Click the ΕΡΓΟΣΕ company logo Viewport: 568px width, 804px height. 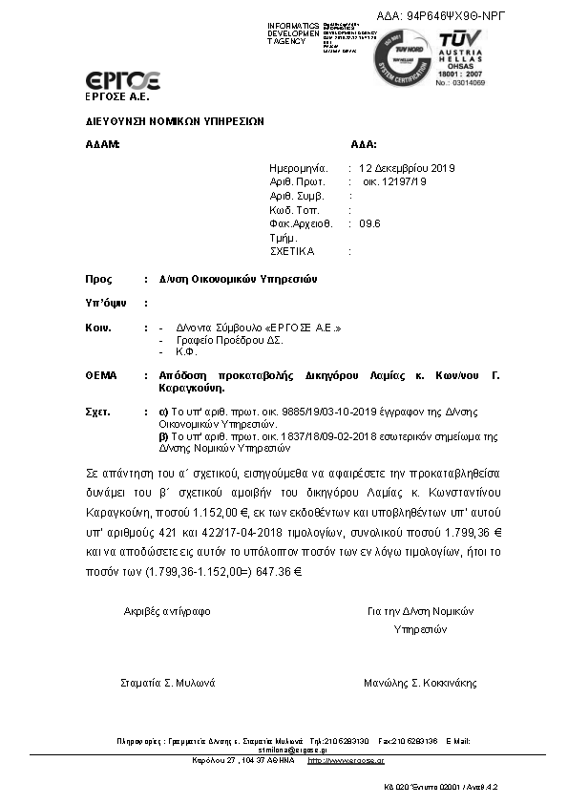[122, 80]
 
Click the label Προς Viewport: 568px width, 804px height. [98, 280]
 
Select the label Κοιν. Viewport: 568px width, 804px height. [99, 328]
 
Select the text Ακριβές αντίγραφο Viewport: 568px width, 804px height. [167, 610]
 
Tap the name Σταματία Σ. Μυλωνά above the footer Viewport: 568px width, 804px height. [167, 683]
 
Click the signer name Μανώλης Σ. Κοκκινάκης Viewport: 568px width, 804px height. [420, 683]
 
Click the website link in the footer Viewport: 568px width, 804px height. [347, 760]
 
